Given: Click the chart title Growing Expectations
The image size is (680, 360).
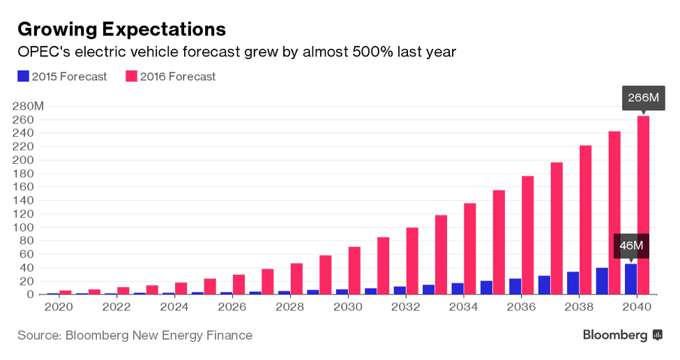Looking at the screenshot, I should pyautogui.click(x=121, y=29).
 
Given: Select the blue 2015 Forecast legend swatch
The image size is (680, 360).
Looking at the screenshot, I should pyautogui.click(x=23, y=76).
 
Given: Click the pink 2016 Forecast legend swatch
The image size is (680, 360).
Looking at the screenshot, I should pyautogui.click(x=130, y=76).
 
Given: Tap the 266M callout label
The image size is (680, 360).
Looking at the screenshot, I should pyautogui.click(x=643, y=98).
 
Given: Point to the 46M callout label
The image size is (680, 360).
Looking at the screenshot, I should pyautogui.click(x=631, y=246).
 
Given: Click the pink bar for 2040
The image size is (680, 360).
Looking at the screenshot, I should pyautogui.click(x=643, y=205).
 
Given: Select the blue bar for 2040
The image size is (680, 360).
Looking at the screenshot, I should pyautogui.click(x=630, y=279).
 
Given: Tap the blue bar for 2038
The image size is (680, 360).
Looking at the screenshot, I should pyautogui.click(x=573, y=283).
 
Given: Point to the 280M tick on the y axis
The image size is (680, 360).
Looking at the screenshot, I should pyautogui.click(x=29, y=106).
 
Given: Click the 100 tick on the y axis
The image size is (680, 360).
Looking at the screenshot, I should pyautogui.click(x=25, y=227).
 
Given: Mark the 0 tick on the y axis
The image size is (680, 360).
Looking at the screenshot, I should pyautogui.click(x=31, y=294).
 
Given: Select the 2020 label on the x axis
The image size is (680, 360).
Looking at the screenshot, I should pyautogui.click(x=59, y=307).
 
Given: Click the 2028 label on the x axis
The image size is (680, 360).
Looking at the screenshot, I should pyautogui.click(x=289, y=307).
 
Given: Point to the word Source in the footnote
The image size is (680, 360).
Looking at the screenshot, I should pyautogui.click(x=38, y=336).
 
